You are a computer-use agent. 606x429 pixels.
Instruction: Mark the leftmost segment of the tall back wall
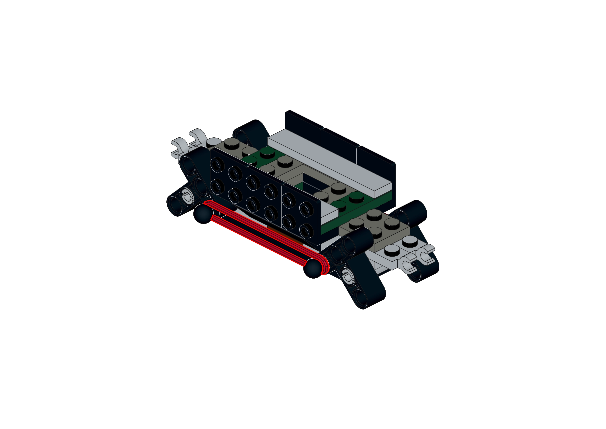(x=304, y=121)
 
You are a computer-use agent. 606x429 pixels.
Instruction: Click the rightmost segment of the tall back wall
(x=376, y=159)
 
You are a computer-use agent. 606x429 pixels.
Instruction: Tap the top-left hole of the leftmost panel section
(x=218, y=165)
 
